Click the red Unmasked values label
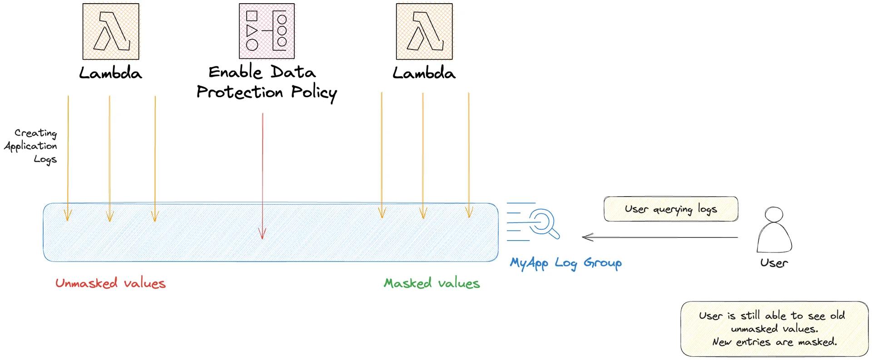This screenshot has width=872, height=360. click(110, 283)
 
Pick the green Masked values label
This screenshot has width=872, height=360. click(431, 283)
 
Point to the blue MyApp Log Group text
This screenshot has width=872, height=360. click(565, 263)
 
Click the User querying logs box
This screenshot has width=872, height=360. click(670, 209)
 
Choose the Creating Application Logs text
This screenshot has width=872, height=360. click(32, 146)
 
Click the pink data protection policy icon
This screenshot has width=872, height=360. click(267, 31)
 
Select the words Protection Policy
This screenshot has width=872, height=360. click(267, 93)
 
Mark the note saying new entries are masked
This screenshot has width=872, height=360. click(774, 342)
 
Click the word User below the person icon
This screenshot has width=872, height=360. click(774, 263)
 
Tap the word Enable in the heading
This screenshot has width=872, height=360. click(235, 72)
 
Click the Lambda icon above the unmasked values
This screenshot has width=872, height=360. click(111, 31)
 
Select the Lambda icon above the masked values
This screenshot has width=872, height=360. click(424, 31)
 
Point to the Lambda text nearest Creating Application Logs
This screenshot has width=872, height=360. click(110, 73)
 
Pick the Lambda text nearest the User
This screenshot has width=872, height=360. click(424, 73)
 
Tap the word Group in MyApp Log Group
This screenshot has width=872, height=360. click(602, 263)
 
